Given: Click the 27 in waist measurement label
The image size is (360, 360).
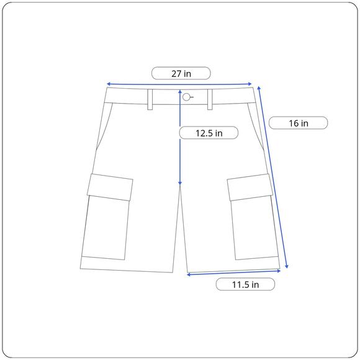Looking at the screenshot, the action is [x=181, y=74].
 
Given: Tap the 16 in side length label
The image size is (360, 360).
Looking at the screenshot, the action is [x=298, y=124].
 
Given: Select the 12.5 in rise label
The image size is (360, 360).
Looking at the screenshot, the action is [x=209, y=133].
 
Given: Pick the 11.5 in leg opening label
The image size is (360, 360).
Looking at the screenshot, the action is [x=245, y=285].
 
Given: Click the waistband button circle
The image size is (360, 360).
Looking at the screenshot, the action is [x=186, y=97].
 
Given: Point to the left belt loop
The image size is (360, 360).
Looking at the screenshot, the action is [x=150, y=99].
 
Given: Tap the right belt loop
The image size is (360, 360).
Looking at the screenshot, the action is [x=210, y=99].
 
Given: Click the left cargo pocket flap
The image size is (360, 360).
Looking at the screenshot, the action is [x=110, y=187].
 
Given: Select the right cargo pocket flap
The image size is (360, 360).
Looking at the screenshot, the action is [x=250, y=187].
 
